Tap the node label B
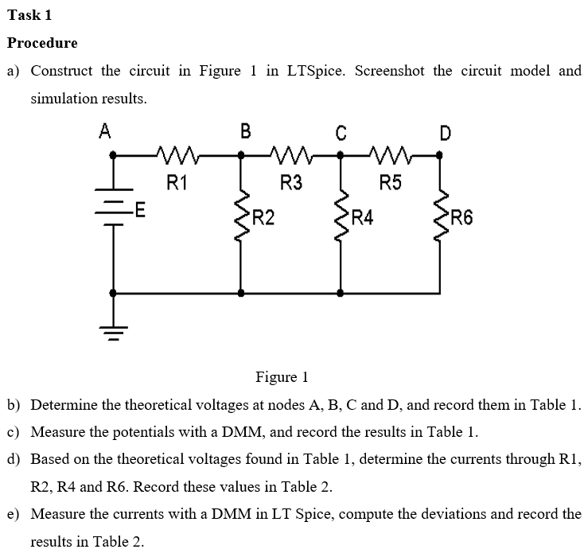tap(245, 132)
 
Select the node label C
tap(341, 133)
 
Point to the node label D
tap(446, 133)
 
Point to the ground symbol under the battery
tap(113, 330)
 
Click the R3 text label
tap(292, 184)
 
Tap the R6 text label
tap(461, 216)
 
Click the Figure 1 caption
tap(281, 376)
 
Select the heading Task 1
tap(29, 14)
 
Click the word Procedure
tap(42, 42)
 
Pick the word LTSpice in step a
tap(314, 71)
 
